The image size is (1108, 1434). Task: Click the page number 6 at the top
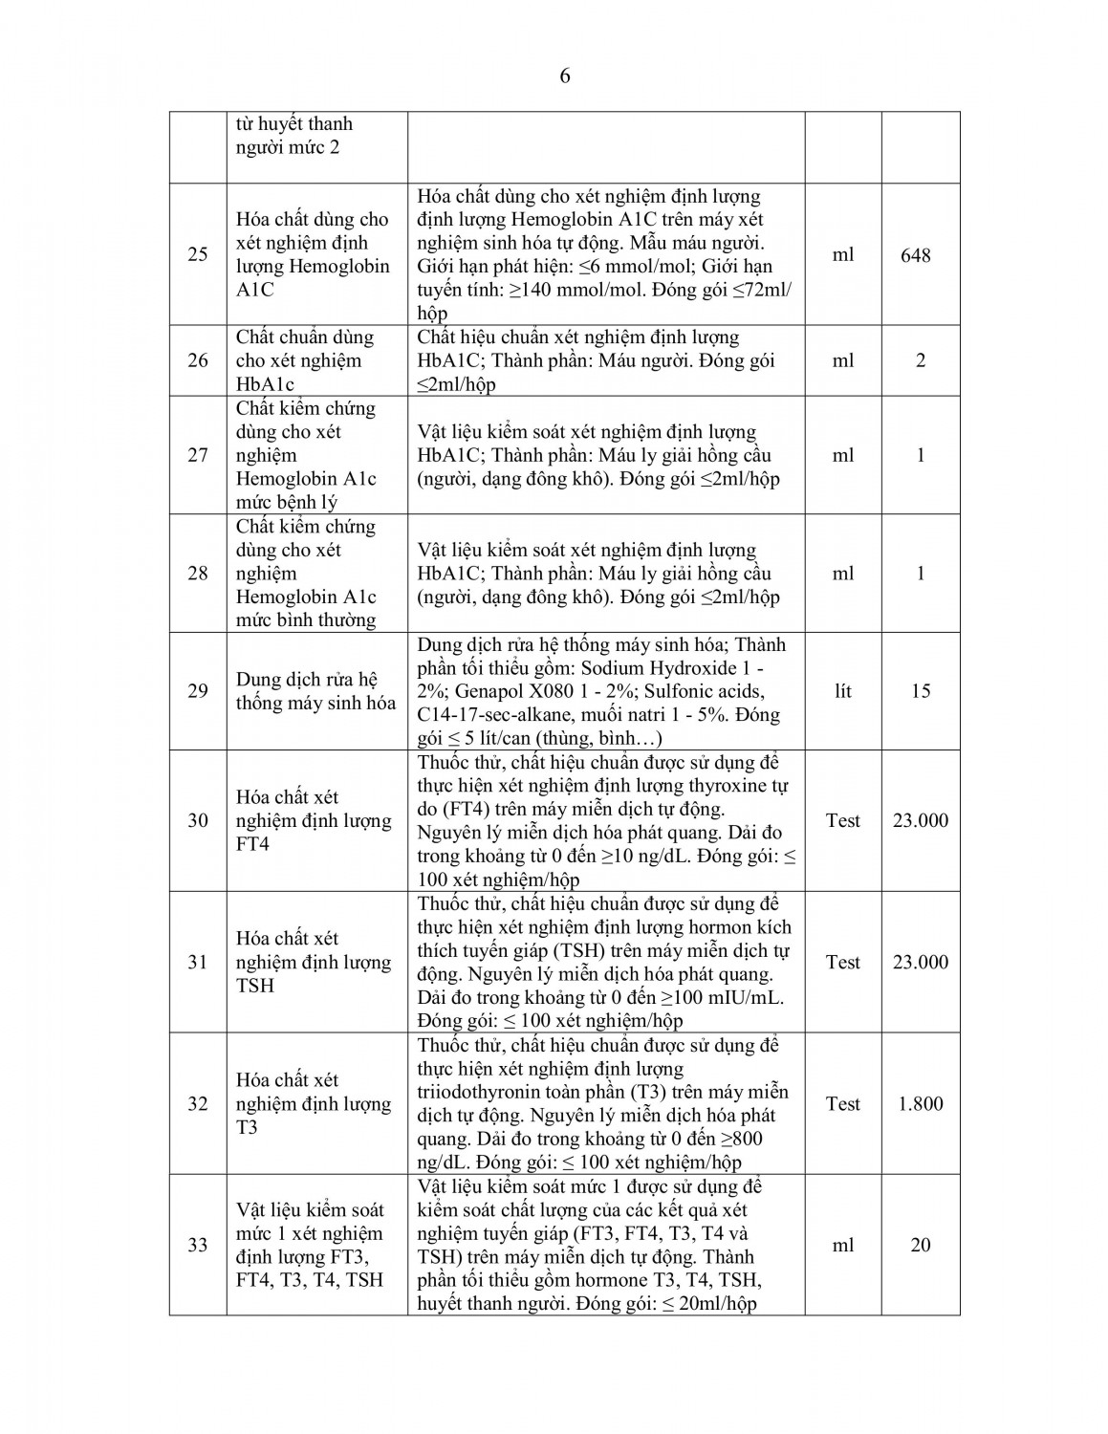coord(565,76)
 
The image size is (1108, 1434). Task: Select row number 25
coord(198,255)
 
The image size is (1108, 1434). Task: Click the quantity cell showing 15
coord(921,690)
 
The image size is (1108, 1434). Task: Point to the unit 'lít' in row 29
coord(842,690)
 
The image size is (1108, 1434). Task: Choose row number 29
coord(198,690)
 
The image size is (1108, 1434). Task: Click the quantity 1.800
coord(920,1103)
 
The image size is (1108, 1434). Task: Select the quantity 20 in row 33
coord(921,1245)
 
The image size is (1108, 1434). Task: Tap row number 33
coord(198,1245)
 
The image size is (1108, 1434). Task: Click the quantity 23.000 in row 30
coord(920,820)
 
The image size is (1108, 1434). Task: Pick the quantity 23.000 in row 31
coord(920,962)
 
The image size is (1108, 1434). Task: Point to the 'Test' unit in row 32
coord(842,1103)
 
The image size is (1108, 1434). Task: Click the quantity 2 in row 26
coord(921,360)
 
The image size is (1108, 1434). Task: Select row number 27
coord(198,455)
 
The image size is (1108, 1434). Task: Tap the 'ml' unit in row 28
coord(842,574)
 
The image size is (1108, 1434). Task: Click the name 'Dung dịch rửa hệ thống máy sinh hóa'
coord(315,690)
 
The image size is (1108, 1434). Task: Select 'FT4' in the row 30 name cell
coord(253,844)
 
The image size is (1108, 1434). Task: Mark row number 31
coord(198,962)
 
